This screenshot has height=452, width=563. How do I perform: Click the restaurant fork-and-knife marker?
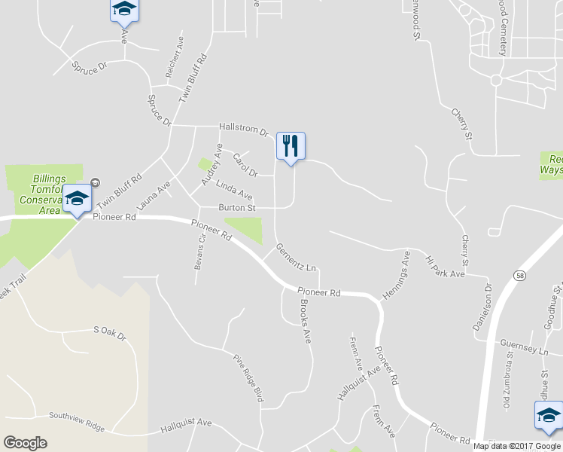click(291, 146)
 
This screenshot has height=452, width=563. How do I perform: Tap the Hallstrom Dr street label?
click(244, 129)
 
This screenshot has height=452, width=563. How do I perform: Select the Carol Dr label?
click(245, 165)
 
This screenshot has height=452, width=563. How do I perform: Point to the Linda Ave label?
click(234, 190)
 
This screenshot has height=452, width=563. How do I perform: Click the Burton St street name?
click(237, 207)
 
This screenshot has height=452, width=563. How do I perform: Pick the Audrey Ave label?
click(211, 164)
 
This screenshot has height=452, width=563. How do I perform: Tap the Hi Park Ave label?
click(446, 267)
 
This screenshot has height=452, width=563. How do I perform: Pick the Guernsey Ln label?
click(523, 347)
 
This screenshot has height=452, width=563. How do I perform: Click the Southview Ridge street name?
click(77, 420)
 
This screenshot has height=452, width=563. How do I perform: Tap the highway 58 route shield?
click(520, 277)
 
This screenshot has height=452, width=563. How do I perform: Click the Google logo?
click(25, 443)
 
